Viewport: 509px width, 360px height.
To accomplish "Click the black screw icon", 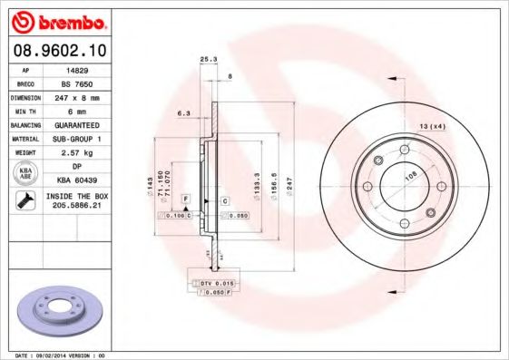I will point(23,201).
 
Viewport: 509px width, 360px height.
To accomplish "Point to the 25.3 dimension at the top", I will point(207,61).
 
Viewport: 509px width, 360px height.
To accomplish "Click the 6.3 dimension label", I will point(182,113).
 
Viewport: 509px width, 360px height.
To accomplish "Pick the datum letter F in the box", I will point(185,198).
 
